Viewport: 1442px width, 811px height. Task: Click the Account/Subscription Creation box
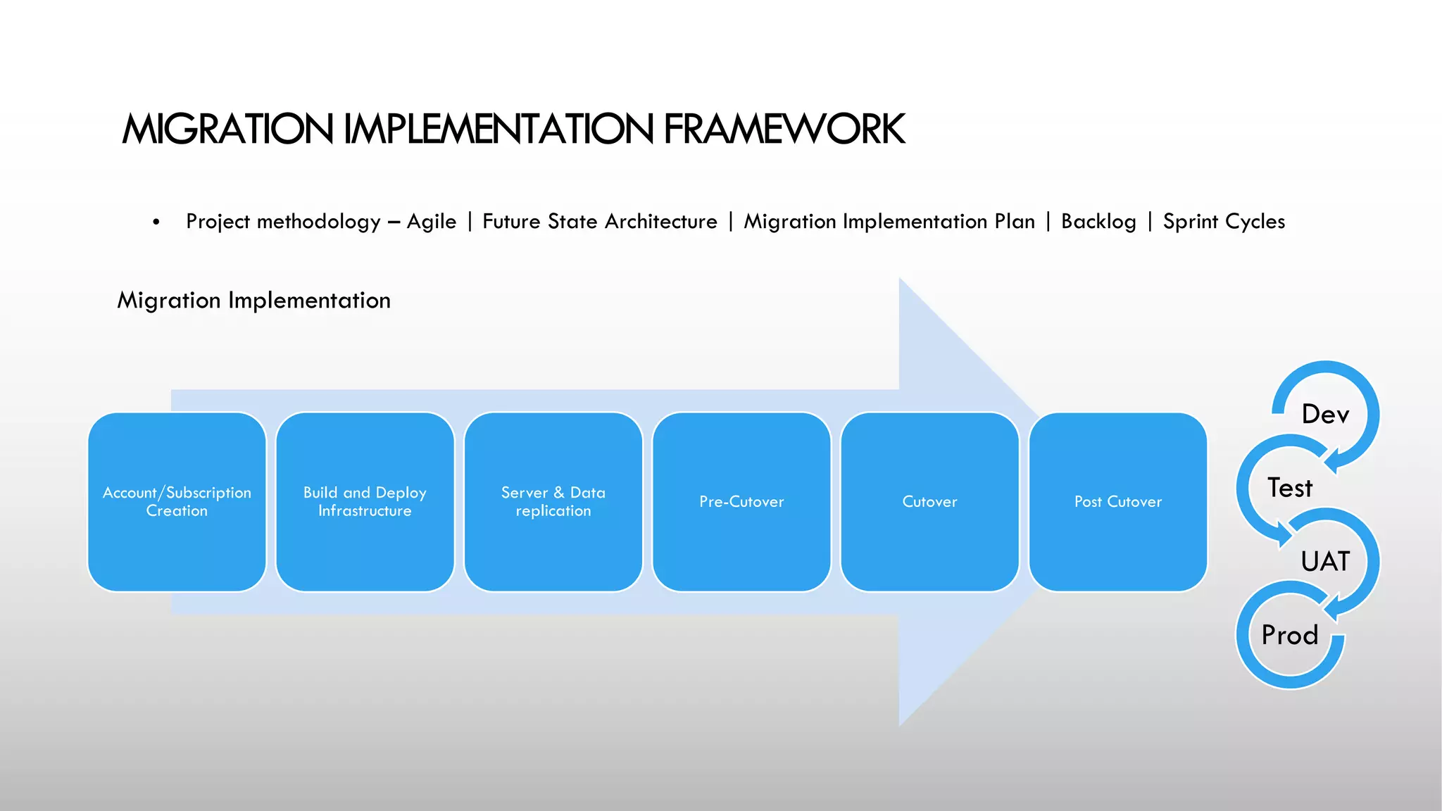(177, 501)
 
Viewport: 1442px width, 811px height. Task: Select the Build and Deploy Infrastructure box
(365, 501)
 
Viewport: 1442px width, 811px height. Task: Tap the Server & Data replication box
(553, 501)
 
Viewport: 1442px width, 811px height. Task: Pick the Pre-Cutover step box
(741, 501)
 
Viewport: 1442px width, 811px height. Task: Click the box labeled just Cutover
(929, 501)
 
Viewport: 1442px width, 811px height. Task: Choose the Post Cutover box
(1118, 501)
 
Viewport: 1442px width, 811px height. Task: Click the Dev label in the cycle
(1325, 414)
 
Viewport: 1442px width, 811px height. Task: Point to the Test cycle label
(1290, 488)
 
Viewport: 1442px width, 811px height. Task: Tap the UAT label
(1325, 561)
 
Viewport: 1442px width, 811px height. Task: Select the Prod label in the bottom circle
(1290, 635)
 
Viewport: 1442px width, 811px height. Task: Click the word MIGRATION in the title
(227, 130)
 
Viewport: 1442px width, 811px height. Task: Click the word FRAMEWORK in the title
(784, 130)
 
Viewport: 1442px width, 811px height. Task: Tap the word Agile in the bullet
(431, 222)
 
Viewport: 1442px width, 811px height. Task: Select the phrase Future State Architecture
(599, 222)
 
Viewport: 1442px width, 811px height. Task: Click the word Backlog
(1098, 222)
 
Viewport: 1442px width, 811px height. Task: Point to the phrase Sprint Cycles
(1224, 222)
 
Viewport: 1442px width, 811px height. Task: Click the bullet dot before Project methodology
(156, 222)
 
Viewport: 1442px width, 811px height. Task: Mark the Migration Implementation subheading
(253, 301)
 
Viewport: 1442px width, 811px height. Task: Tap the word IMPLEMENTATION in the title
(499, 130)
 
